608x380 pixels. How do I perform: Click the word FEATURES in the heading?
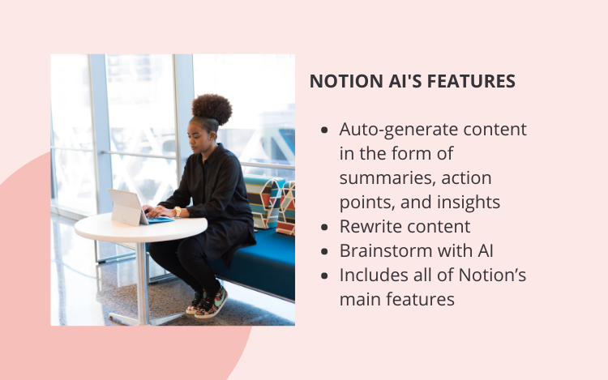471,81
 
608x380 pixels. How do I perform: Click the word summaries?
387,178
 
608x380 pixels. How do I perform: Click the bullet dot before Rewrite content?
324,228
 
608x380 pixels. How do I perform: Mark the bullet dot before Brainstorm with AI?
324,252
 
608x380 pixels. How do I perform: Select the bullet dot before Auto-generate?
324,130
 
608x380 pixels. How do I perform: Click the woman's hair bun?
212,109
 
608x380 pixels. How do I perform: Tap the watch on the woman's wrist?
178,211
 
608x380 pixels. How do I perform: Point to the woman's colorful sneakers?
207,302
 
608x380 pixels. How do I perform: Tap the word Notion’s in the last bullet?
492,275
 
